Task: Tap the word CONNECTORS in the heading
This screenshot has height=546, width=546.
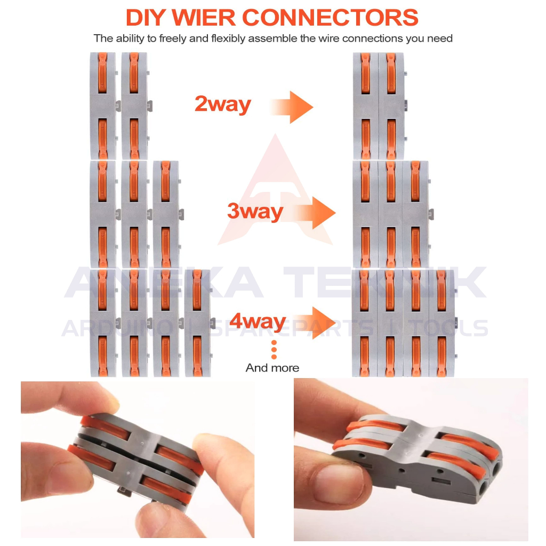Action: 330,18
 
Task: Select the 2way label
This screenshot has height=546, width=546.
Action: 223,104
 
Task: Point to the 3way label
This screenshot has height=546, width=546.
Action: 255,211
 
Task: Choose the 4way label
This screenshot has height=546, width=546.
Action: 258,321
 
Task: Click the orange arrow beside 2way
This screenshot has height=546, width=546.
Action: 292,107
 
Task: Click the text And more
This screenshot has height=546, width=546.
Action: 272,368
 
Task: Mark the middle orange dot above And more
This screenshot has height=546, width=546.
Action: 274,350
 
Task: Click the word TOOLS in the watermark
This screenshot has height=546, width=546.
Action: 448,328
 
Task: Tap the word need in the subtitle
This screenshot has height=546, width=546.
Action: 440,38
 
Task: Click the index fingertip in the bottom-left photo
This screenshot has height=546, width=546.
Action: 105,400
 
